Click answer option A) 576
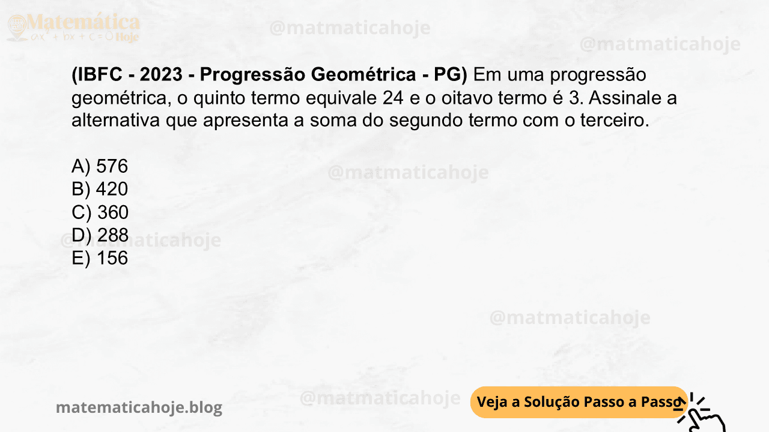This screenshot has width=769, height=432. (x=100, y=166)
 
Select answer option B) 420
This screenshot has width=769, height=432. (x=100, y=189)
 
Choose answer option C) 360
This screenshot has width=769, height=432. (x=100, y=212)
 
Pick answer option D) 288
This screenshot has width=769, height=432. (x=100, y=235)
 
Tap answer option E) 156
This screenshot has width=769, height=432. (x=100, y=258)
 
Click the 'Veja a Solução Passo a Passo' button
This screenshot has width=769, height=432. (x=578, y=402)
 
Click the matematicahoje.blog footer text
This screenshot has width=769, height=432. (x=139, y=408)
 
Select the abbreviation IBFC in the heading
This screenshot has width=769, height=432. (x=102, y=75)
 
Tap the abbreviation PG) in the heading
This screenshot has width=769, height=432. (x=451, y=75)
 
